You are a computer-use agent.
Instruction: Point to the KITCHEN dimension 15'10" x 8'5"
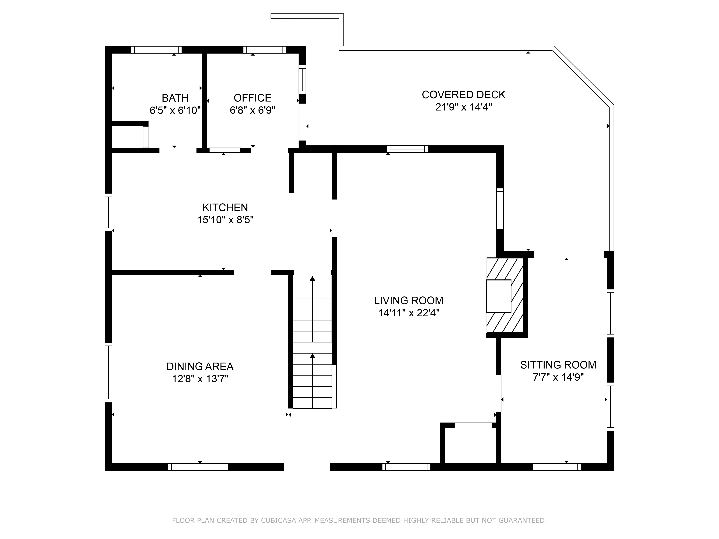tap(225, 220)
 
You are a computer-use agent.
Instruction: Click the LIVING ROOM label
tap(409, 301)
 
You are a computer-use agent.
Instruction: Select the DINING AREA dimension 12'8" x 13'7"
tap(200, 379)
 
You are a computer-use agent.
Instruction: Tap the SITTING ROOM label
tap(558, 365)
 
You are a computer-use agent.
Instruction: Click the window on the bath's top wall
tap(156, 50)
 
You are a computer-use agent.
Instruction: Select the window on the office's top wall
tap(265, 50)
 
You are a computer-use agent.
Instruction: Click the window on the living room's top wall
tap(407, 149)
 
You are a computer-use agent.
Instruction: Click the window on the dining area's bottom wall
tap(198, 467)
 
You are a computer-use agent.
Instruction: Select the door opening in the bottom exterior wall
tap(307, 467)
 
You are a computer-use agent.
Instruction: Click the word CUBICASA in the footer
tap(278, 520)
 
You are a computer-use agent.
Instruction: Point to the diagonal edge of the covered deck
tap(583, 76)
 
